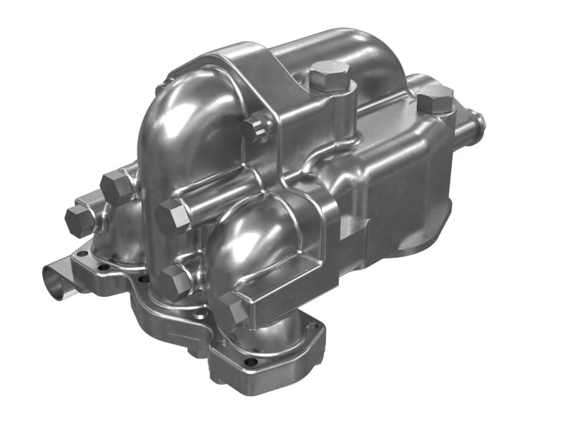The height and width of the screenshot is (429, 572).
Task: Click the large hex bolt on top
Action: pos(330,74)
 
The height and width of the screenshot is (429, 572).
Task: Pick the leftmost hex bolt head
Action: pos(79,221)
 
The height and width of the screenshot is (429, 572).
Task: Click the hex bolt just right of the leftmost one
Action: pos(117,187)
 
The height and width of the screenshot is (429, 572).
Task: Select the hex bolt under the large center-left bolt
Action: pos(174,283)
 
